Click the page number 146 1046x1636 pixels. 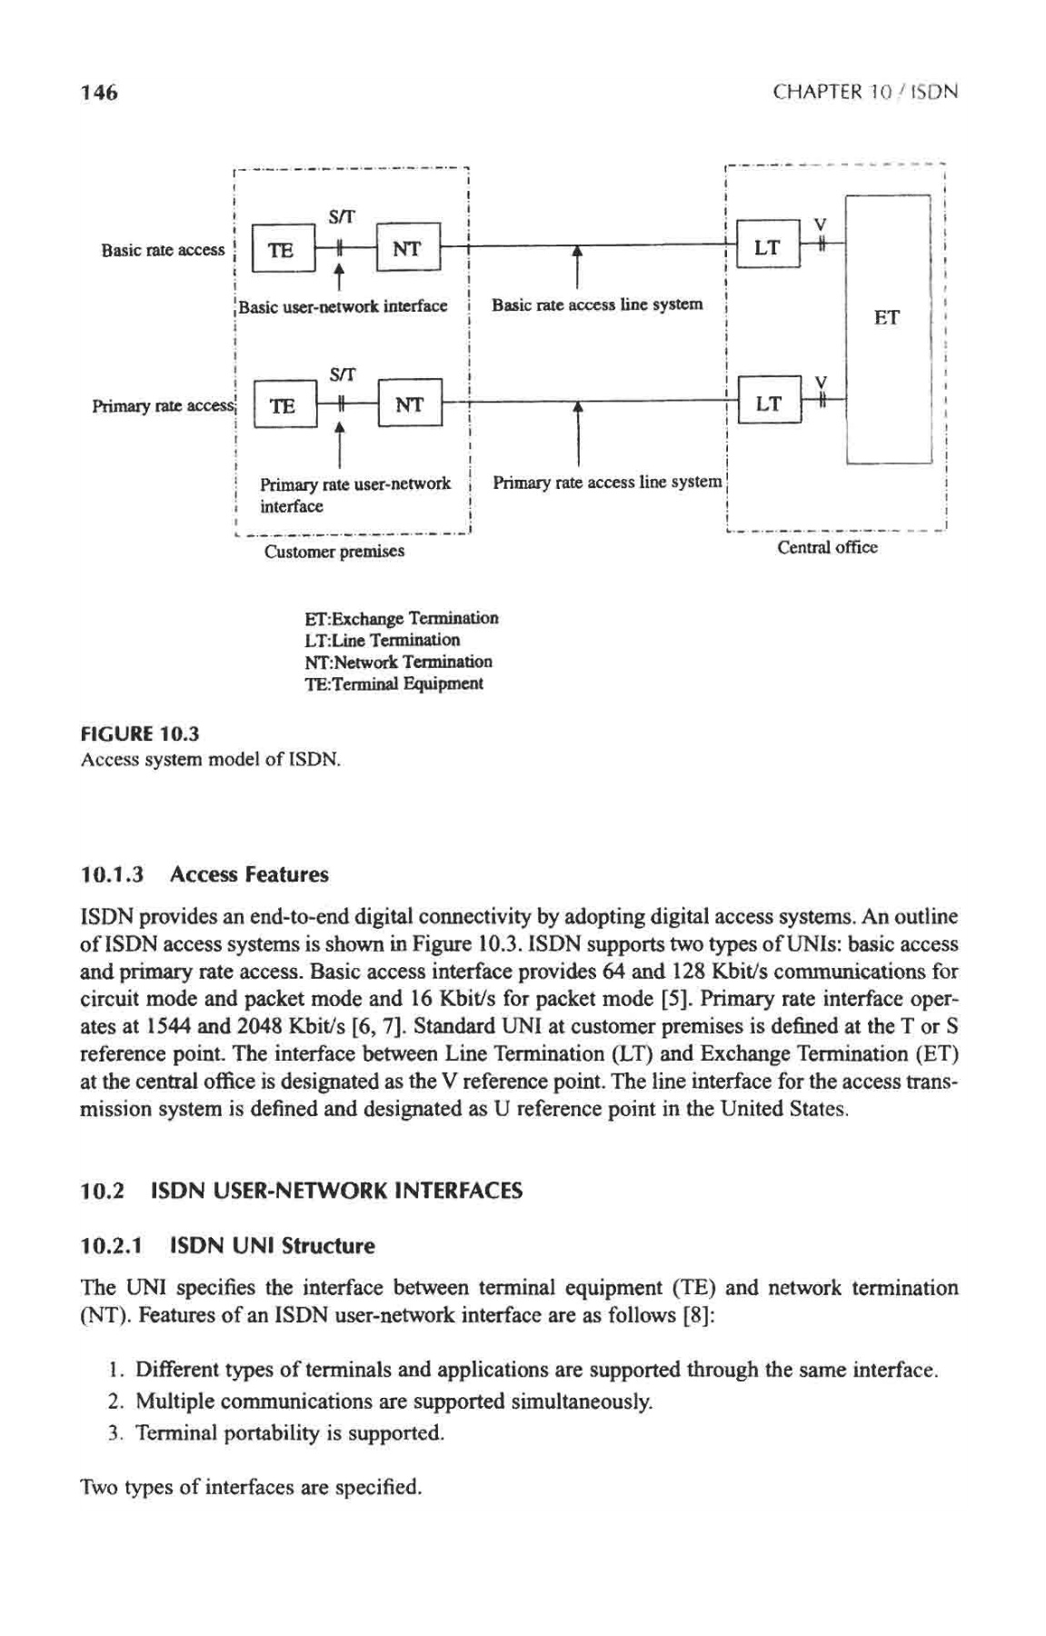pyautogui.click(x=99, y=92)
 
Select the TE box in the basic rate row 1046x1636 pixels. pyautogui.click(x=282, y=250)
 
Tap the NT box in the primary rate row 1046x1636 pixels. pyautogui.click(x=410, y=404)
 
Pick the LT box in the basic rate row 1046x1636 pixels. pyautogui.click(x=767, y=246)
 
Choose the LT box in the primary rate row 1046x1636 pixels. pyautogui.click(x=768, y=402)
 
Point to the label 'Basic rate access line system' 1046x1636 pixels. pyautogui.click(x=597, y=304)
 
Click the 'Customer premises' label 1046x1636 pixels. pyautogui.click(x=334, y=552)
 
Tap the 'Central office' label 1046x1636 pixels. pyautogui.click(x=827, y=547)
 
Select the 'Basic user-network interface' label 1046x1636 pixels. pyautogui.click(x=343, y=305)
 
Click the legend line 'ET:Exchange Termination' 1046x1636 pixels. pyautogui.click(x=401, y=619)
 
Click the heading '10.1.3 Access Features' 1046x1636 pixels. pyautogui.click(x=204, y=874)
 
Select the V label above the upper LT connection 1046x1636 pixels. pyautogui.click(x=820, y=222)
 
